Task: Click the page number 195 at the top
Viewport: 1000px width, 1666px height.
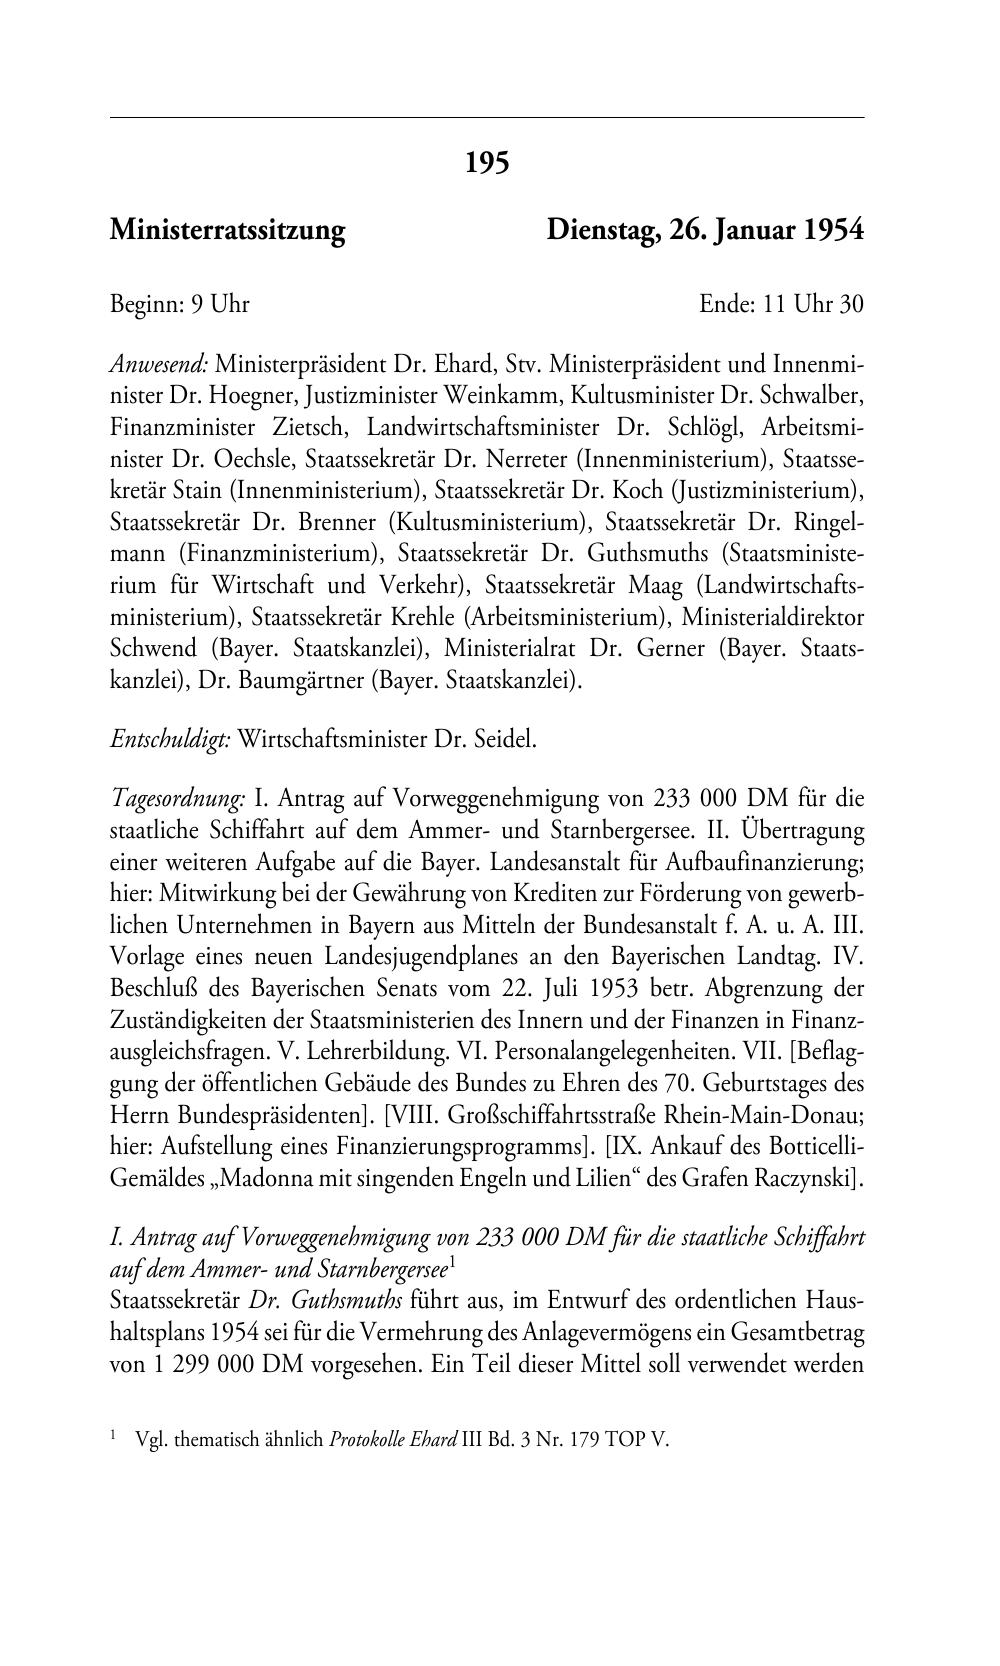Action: (487, 162)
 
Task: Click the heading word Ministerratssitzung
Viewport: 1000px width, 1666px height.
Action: (227, 231)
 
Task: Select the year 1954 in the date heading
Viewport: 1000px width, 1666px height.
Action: (834, 231)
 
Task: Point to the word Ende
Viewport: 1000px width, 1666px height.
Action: (726, 304)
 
